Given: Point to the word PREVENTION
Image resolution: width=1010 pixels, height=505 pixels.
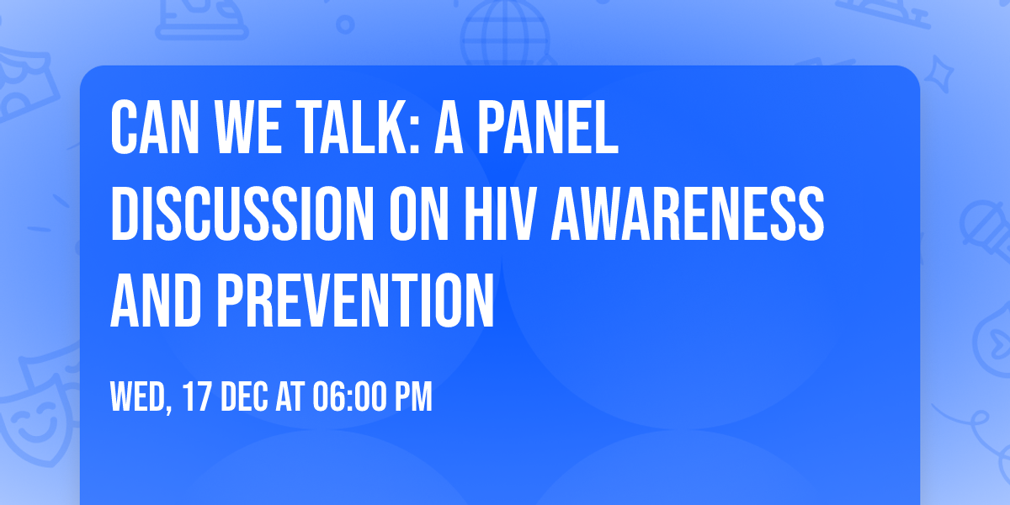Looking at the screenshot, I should tap(354, 301).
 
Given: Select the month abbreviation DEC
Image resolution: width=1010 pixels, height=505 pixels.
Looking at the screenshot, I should tap(246, 396).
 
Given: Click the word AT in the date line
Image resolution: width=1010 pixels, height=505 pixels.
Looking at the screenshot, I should tap(289, 396).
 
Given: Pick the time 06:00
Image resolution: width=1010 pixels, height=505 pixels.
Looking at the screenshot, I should tap(348, 396).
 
